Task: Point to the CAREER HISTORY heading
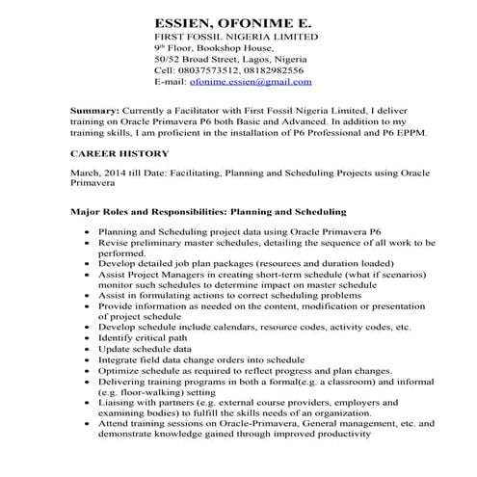click(x=119, y=153)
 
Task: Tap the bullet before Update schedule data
click(x=90, y=354)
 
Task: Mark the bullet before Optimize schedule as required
click(x=90, y=381)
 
